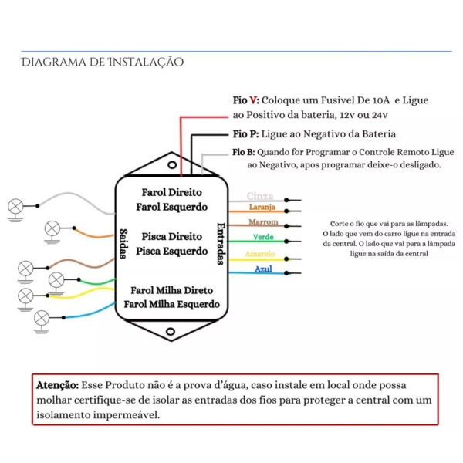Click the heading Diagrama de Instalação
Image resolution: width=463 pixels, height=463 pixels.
coord(102,62)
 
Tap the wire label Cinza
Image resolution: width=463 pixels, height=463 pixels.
coord(260,196)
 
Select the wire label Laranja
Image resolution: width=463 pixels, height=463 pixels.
coord(262,207)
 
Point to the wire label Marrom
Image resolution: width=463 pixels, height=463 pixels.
coord(263,221)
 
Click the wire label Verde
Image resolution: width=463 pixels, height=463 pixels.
coord(263,237)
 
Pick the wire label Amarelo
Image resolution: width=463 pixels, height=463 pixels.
coord(260,254)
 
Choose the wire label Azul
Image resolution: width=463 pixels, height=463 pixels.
coord(263,269)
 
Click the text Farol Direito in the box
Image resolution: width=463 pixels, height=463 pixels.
coord(171,192)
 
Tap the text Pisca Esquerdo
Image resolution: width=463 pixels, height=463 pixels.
coord(171,252)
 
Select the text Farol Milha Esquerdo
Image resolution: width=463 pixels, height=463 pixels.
coord(171,304)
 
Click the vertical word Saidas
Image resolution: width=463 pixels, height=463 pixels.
coord(123,244)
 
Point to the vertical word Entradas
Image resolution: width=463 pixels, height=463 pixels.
coord(221,244)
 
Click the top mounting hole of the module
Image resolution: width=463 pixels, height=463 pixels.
coord(172,165)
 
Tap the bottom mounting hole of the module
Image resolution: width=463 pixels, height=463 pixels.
coord(171,332)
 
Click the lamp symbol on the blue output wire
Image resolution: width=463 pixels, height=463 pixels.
coord(42,318)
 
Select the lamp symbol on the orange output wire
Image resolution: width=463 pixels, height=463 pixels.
coord(52,228)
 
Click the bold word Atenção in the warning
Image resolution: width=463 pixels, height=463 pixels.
coord(58,385)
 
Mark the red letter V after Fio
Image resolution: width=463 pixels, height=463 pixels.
coord(253,100)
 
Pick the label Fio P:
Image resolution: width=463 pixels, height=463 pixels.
coord(245,134)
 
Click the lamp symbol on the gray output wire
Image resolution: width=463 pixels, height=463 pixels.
coord(15,206)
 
